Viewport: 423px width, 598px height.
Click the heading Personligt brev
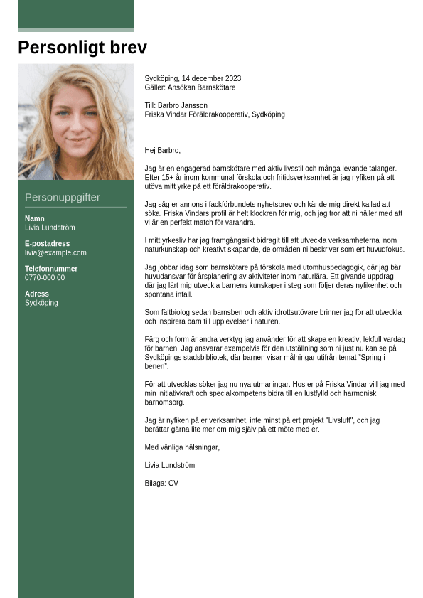[82, 48]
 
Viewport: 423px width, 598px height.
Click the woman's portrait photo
[75, 122]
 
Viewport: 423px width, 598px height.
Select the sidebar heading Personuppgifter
[63, 197]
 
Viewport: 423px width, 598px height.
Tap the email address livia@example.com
[55, 252]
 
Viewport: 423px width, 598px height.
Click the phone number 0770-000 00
[45, 278]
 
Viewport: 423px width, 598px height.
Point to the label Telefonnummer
[51, 269]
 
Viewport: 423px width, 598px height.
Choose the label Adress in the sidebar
[37, 294]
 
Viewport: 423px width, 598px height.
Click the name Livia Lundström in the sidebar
[50, 228]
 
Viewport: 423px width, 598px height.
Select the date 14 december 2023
[211, 78]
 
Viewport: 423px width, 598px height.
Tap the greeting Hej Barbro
[162, 150]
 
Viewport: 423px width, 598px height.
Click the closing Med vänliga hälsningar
[182, 447]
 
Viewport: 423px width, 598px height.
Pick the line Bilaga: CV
[161, 484]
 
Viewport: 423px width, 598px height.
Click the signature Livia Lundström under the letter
[170, 465]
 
